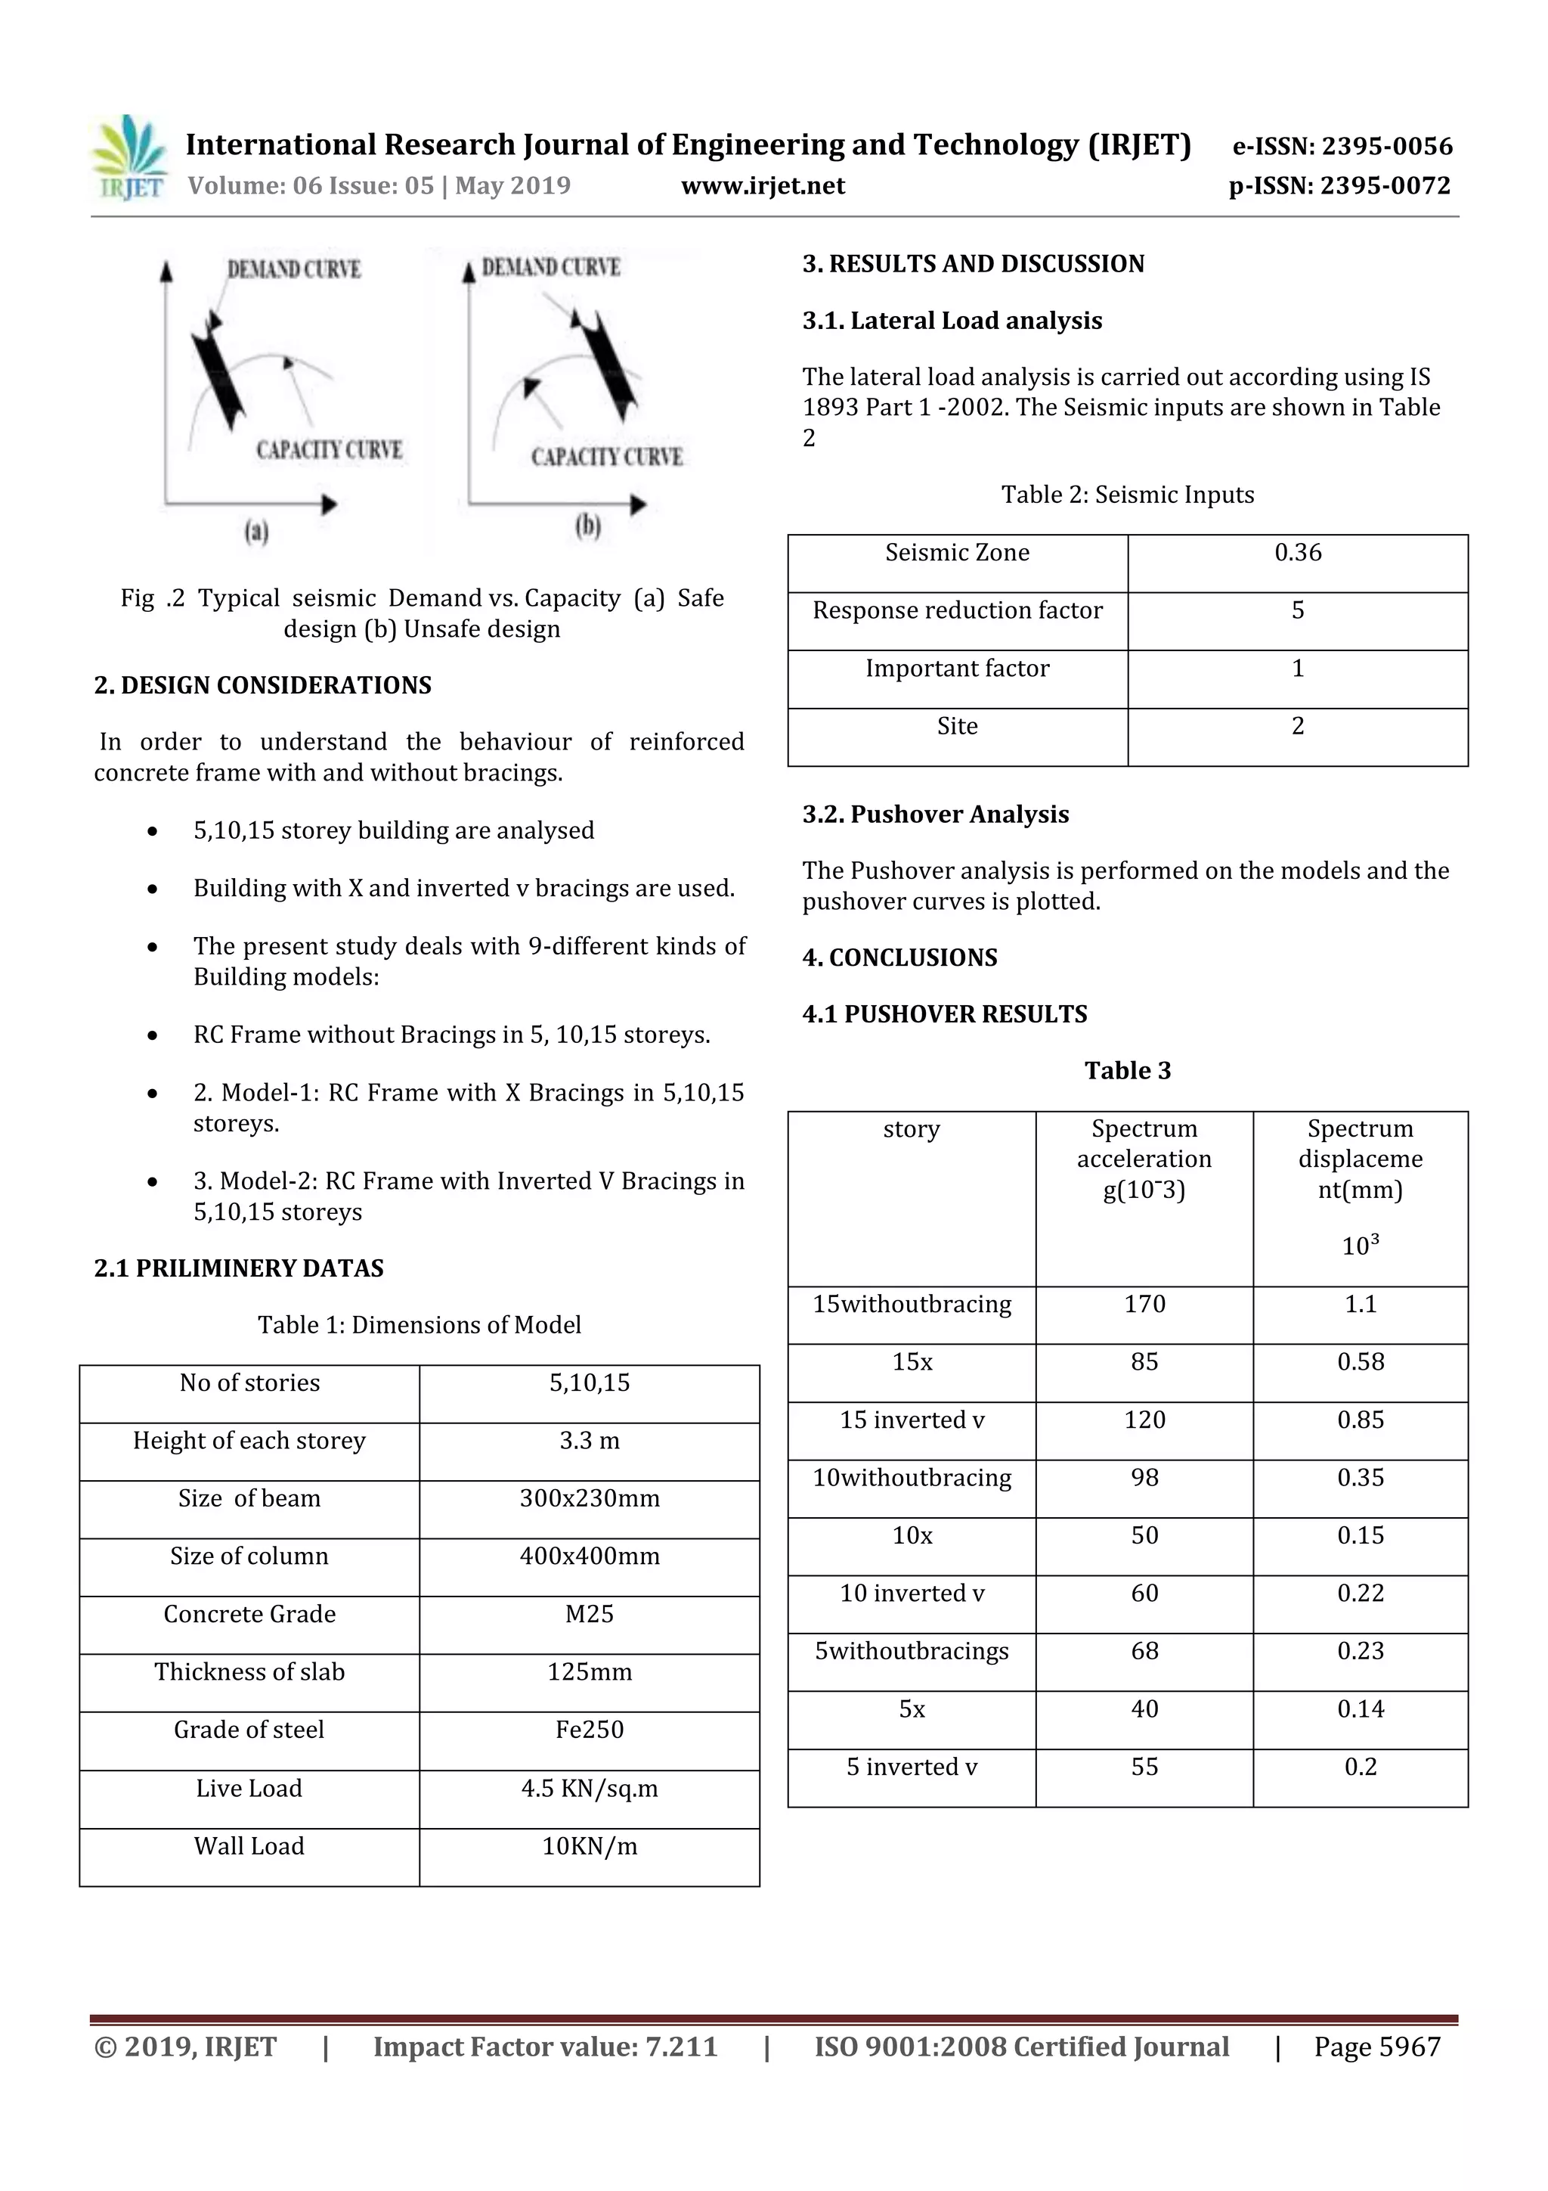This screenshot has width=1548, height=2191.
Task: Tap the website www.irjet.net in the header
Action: (x=762, y=185)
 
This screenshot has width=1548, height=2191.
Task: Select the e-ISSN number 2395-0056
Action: (x=1342, y=146)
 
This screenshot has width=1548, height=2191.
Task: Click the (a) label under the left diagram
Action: (x=255, y=531)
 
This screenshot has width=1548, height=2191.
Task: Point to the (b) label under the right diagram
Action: (x=587, y=526)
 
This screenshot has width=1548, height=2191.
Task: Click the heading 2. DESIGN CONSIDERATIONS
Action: (x=262, y=685)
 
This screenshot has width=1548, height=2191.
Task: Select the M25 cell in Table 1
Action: (x=589, y=1614)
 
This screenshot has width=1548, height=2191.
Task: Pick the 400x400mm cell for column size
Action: (x=589, y=1556)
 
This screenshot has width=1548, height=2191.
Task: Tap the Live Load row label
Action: (x=249, y=1789)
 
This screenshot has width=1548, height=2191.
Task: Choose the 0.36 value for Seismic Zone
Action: (x=1297, y=553)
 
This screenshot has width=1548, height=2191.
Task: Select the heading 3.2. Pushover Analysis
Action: (x=935, y=814)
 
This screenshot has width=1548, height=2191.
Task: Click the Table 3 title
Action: (x=1128, y=1071)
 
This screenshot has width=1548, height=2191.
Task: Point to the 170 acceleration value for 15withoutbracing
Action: (x=1144, y=1305)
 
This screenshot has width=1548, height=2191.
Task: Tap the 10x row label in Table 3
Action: (x=911, y=1535)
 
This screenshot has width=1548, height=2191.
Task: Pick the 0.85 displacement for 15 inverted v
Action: (x=1359, y=1420)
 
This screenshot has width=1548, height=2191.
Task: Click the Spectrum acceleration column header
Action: (x=1144, y=1159)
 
